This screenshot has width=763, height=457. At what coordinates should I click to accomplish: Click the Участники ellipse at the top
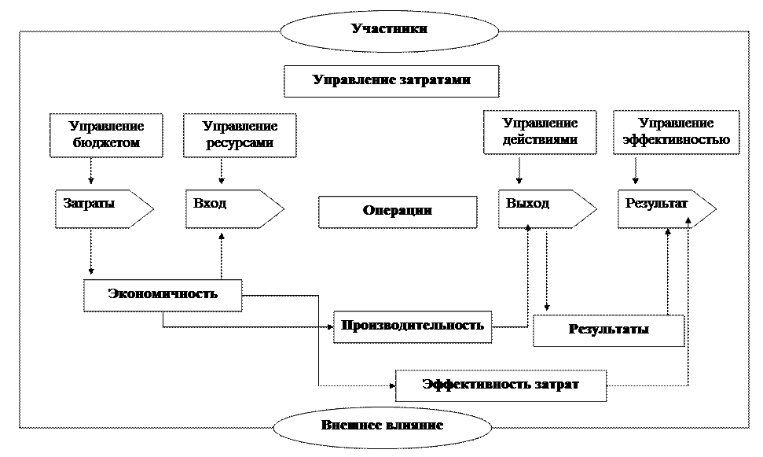(x=389, y=30)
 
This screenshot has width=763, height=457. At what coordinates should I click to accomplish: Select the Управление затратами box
(x=391, y=81)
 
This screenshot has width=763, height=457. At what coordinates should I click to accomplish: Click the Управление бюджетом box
(x=106, y=135)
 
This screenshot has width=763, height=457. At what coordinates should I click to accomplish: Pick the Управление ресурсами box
(x=240, y=135)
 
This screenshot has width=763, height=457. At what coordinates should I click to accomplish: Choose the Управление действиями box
(x=540, y=132)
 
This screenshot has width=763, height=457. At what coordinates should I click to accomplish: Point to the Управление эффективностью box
(x=676, y=132)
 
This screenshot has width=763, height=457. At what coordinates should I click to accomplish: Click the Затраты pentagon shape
(x=105, y=209)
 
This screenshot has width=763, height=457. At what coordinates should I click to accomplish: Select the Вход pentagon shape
(x=234, y=209)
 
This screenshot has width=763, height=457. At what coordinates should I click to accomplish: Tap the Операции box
(x=398, y=212)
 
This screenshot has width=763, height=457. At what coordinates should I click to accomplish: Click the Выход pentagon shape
(x=548, y=209)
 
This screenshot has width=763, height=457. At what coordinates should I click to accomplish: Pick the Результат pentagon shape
(x=667, y=209)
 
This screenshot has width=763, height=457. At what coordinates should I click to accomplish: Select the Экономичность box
(x=163, y=295)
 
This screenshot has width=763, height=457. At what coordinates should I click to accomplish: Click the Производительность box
(x=413, y=327)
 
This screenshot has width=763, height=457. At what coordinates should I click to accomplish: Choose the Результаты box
(x=609, y=330)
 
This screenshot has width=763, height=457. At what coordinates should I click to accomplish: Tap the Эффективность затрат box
(x=501, y=385)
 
